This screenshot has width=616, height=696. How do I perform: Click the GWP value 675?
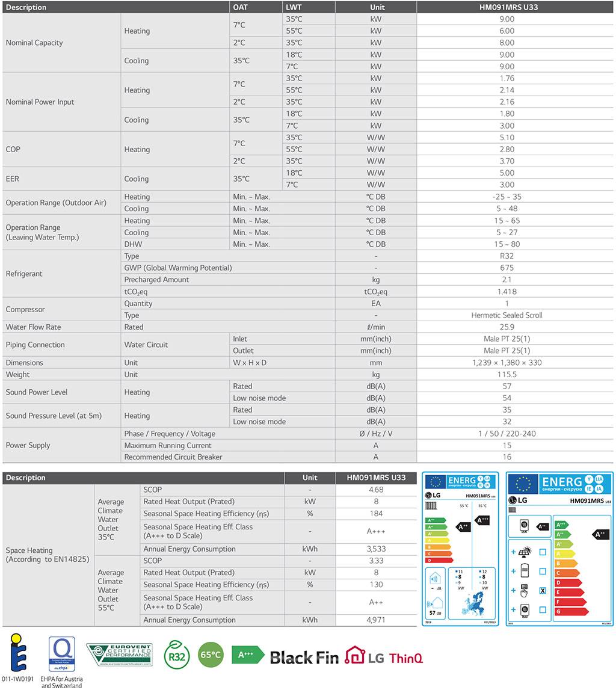click(507, 268)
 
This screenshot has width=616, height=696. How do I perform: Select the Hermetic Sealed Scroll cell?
click(507, 315)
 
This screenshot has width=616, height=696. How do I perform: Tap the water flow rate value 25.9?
click(507, 327)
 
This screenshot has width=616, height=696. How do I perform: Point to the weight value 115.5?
click(507, 374)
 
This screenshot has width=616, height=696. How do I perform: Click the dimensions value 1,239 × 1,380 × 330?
click(507, 363)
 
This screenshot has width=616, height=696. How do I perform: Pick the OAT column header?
click(240, 7)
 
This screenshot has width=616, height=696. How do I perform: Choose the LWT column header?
click(294, 7)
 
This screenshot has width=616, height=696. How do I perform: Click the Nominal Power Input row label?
click(40, 102)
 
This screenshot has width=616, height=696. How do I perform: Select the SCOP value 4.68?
click(376, 490)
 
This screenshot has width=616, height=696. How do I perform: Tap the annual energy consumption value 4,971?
click(376, 620)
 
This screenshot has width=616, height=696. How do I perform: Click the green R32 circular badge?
click(177, 655)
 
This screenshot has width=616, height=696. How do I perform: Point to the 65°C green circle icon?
click(211, 655)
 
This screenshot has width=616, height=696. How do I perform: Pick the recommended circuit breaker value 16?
click(507, 457)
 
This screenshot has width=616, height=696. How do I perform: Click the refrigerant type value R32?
click(507, 256)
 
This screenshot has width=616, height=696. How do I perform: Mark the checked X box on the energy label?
click(543, 591)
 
